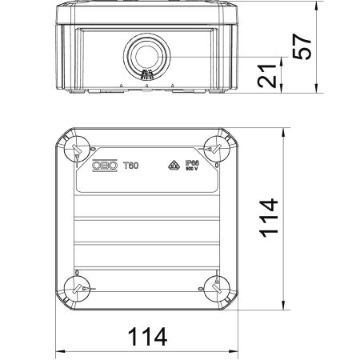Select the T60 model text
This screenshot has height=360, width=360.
[132, 165]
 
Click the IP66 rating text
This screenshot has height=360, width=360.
[191, 162]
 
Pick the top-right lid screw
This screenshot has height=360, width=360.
[214, 147]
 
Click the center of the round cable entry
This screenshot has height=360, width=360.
[146, 57]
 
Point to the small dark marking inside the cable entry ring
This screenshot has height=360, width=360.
[146, 76]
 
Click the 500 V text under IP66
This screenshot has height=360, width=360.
[191, 170]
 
